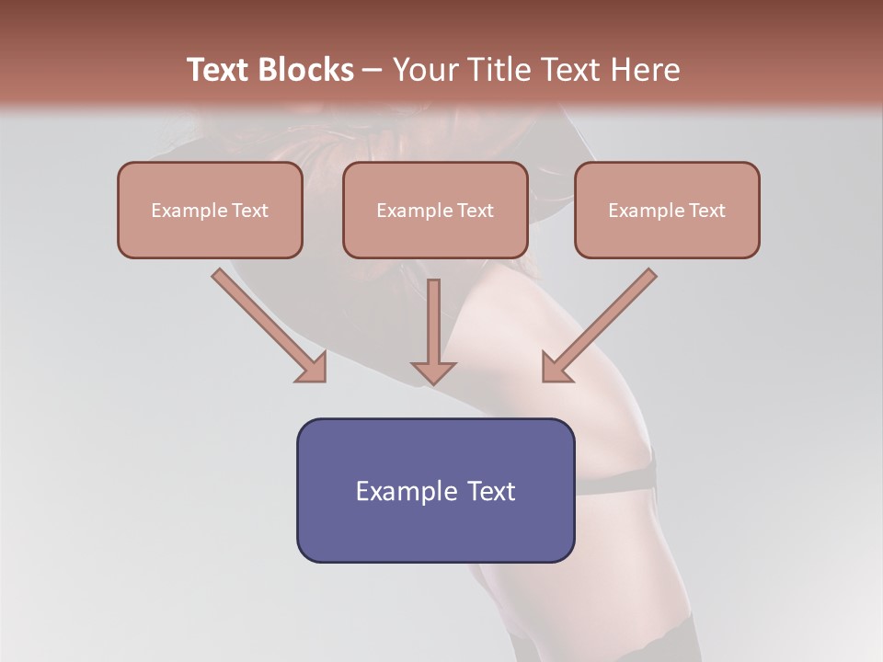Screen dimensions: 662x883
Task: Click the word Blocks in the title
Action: pos(307,70)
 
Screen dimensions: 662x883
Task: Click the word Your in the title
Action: pos(422,70)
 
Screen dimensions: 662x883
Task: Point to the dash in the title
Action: pos(373,71)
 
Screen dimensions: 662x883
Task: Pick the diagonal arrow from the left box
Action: pos(267,324)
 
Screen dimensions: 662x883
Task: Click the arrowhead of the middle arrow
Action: pos(433,371)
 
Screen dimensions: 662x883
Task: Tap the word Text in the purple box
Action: pos(491,491)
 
